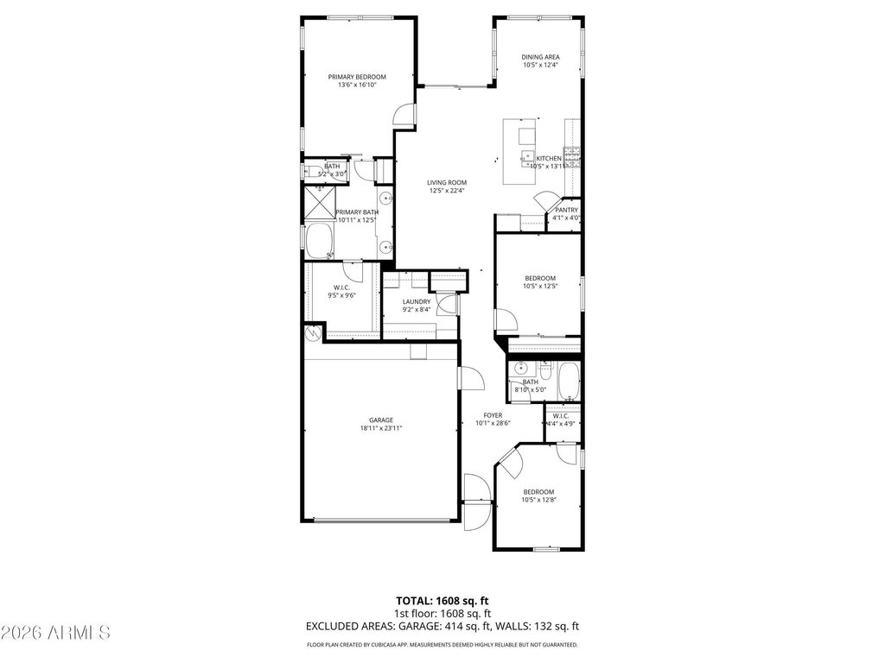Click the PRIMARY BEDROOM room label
357,77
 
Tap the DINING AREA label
540,57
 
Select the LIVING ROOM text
447,182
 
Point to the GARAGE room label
382,420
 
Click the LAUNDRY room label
416,301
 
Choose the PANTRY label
566,210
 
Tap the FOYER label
493,415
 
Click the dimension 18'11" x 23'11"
382,428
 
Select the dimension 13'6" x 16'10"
357,85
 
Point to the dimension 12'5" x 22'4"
447,191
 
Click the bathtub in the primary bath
320,240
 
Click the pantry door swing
544,204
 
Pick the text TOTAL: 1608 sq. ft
442,600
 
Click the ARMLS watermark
55,633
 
